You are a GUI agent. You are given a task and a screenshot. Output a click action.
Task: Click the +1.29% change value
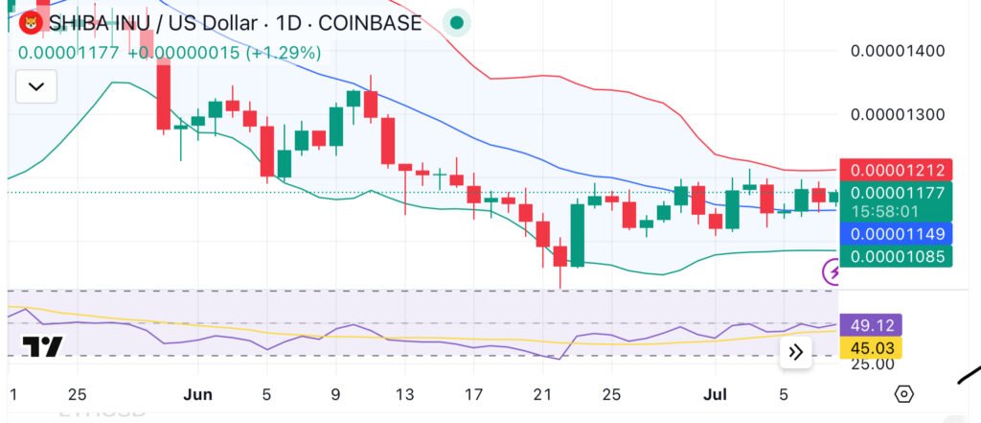tap(284, 53)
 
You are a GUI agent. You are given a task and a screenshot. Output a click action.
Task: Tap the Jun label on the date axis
tap(197, 394)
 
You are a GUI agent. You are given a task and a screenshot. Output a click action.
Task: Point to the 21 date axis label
tap(542, 394)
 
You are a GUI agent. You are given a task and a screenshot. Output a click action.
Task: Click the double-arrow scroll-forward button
tap(795, 352)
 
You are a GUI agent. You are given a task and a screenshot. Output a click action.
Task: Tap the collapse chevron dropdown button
tap(36, 87)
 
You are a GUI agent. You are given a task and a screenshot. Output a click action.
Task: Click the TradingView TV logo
tap(43, 346)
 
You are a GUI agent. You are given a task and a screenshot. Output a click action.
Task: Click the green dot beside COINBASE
tap(457, 23)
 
